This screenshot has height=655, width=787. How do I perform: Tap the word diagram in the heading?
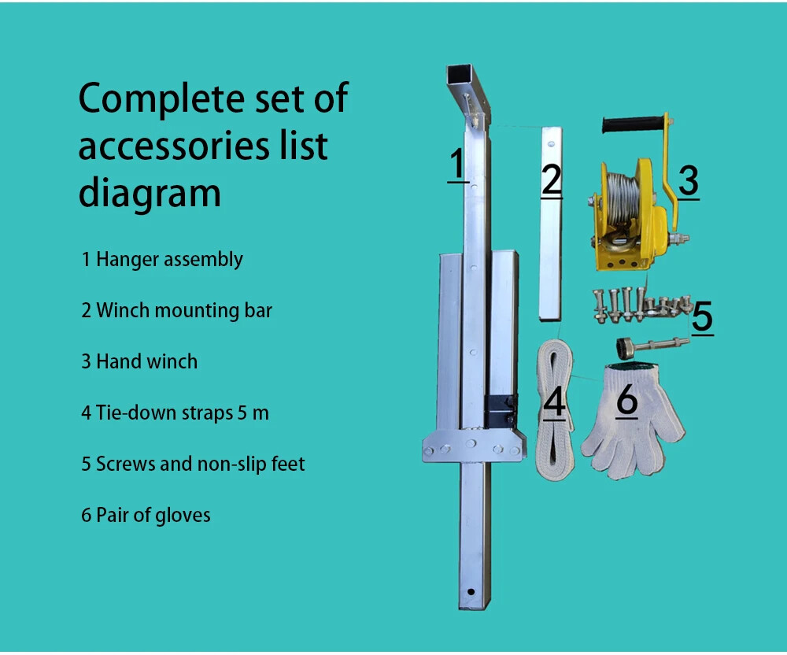pos(150,195)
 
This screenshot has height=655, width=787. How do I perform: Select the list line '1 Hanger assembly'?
pos(162,260)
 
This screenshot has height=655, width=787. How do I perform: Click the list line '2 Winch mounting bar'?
pos(176,311)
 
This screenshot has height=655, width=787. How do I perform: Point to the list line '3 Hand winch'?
pos(139,361)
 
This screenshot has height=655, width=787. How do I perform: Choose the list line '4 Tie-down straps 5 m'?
pos(176,413)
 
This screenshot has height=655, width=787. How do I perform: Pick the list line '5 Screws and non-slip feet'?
pos(194,464)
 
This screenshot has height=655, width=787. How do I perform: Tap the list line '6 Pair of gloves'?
pos(146,516)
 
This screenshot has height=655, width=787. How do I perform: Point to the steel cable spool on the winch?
pos(622,198)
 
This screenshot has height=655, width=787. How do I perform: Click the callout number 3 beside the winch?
pos(689,181)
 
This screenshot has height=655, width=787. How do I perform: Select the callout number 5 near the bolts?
pos(702,316)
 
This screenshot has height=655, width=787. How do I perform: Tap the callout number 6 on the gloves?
pos(627,400)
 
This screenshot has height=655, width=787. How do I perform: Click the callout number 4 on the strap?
pos(554,402)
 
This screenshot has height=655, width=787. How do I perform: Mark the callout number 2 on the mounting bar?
pos(552,180)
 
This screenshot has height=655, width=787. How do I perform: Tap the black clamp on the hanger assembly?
pos(500,412)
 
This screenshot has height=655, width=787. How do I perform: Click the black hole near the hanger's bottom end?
pos(471,592)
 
